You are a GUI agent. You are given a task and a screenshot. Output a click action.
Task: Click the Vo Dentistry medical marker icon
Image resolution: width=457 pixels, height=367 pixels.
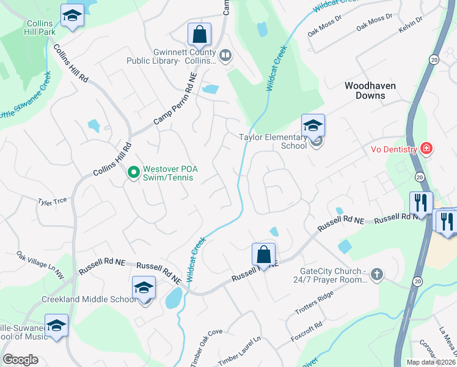(x=426, y=149)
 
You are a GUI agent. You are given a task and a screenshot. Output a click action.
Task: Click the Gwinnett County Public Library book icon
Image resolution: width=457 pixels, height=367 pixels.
(x=225, y=56)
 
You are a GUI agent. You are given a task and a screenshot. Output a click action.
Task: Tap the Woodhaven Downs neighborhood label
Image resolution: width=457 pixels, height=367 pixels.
(x=373, y=91)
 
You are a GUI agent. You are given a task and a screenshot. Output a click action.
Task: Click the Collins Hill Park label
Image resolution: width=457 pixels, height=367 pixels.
(x=41, y=27)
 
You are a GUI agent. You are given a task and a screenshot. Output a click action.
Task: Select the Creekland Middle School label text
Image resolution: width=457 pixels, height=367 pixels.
(x=89, y=299)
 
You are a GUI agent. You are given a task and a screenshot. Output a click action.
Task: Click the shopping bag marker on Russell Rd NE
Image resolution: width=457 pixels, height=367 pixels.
(x=263, y=254)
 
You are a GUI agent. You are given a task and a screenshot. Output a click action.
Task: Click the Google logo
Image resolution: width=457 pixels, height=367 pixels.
(x=20, y=360)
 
